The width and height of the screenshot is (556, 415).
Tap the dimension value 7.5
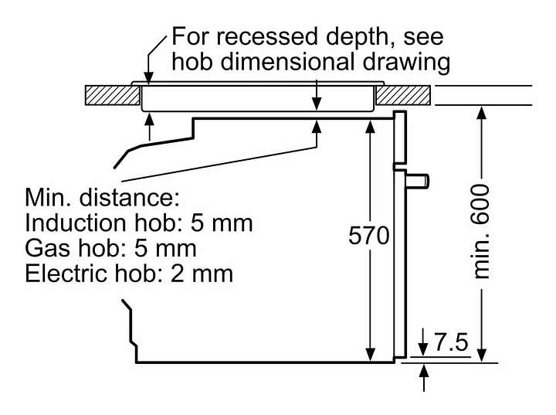click(x=450, y=342)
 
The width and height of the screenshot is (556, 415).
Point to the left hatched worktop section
click(x=111, y=96)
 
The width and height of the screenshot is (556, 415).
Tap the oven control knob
click(x=420, y=181)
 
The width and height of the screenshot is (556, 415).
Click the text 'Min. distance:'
click(x=103, y=197)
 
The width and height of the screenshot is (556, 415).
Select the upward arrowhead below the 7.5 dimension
click(x=424, y=370)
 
